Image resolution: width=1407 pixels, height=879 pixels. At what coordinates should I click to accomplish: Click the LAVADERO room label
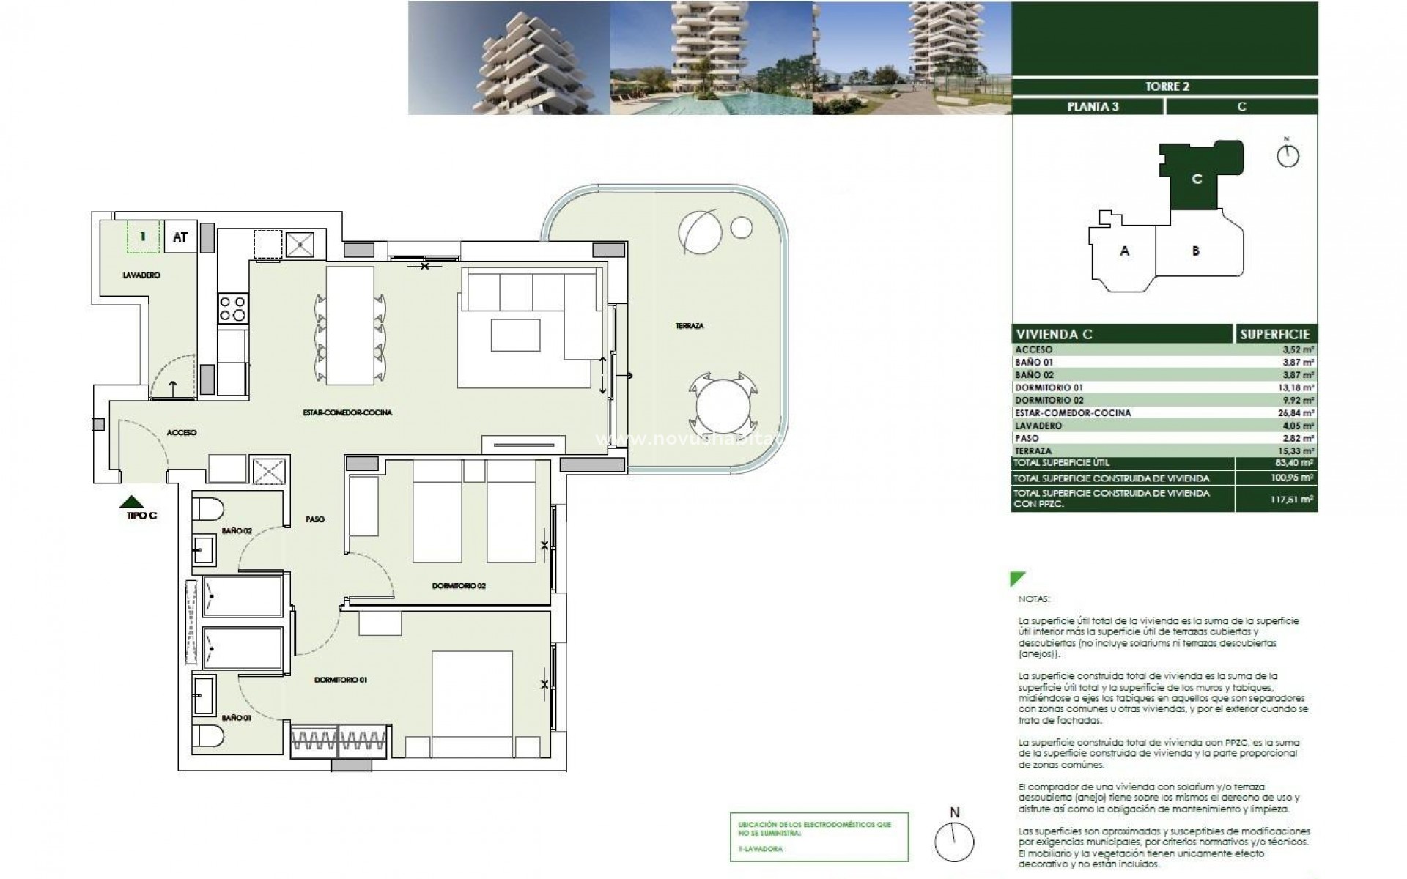(141, 275)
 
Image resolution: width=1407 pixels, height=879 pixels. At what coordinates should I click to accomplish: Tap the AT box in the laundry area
(180, 237)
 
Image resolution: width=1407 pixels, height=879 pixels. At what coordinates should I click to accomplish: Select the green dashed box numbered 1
(143, 237)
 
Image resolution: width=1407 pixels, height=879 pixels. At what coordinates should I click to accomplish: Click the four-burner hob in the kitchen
(233, 308)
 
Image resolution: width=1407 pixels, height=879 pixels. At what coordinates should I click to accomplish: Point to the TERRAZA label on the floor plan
(690, 326)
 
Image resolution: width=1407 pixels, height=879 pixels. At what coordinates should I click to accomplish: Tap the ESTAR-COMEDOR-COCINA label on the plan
(347, 413)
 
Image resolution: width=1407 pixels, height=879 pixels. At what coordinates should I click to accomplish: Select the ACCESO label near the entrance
(181, 433)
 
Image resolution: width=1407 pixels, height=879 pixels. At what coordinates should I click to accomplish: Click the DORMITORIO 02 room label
(459, 586)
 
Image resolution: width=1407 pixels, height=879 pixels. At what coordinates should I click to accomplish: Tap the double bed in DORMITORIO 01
(471, 703)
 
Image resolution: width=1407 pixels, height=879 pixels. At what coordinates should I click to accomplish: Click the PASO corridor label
(315, 519)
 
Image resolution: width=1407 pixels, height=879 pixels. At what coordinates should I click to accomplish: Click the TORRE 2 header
(1167, 86)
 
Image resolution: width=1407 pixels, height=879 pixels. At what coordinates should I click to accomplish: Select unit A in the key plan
(1124, 251)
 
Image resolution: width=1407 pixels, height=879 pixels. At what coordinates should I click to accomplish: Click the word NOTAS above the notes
(1033, 599)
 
